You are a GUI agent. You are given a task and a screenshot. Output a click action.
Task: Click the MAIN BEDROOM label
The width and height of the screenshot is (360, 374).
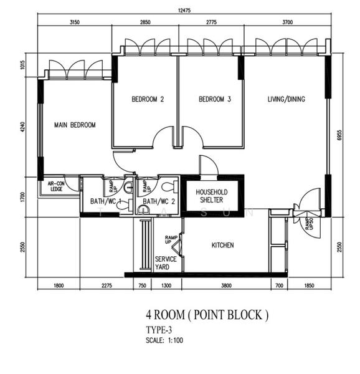pos(74,125)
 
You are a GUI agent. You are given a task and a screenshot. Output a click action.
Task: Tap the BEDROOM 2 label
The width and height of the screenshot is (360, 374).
pos(148,99)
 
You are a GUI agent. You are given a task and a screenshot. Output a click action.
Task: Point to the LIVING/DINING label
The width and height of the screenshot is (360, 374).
pos(287,99)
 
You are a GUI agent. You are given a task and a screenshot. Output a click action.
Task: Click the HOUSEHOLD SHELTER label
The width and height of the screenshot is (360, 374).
pos(212,196)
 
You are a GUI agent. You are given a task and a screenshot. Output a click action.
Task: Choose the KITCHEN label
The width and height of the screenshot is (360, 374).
pos(222,246)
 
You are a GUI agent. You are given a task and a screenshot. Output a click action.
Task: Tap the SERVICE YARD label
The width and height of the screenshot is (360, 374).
pos(166,262)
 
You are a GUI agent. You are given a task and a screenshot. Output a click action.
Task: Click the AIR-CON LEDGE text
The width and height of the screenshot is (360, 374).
pos(56,185)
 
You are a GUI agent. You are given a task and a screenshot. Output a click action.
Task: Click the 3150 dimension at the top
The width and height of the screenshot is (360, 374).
pos(75,22)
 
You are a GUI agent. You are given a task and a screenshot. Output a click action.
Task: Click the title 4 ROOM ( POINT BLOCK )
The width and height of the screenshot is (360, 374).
pos(207,315)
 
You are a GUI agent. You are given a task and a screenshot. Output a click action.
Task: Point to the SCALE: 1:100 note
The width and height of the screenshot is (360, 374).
pos(165,340)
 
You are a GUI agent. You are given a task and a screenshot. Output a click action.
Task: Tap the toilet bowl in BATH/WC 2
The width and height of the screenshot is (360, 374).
pos(166,186)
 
